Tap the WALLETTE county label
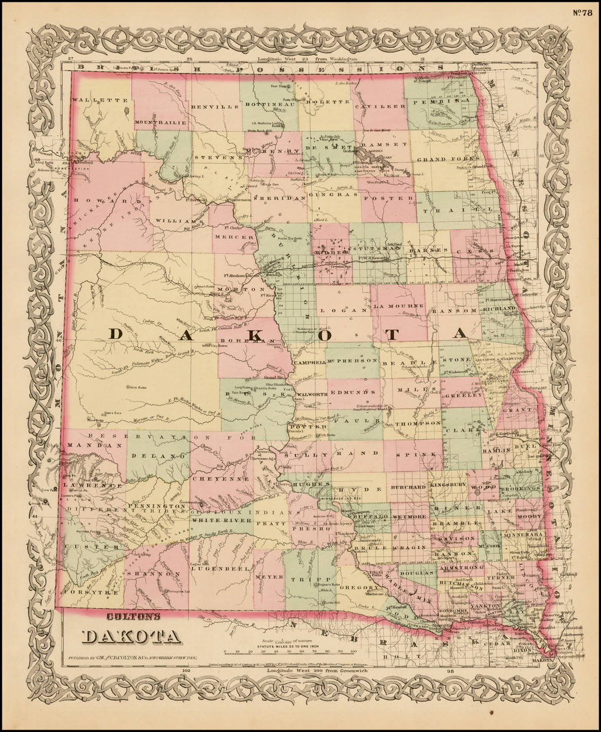pyautogui.click(x=92, y=100)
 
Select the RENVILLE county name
pyautogui.click(x=215, y=107)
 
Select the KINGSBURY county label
pyautogui.click(x=447, y=485)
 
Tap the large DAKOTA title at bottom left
pyautogui.click(x=130, y=636)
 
